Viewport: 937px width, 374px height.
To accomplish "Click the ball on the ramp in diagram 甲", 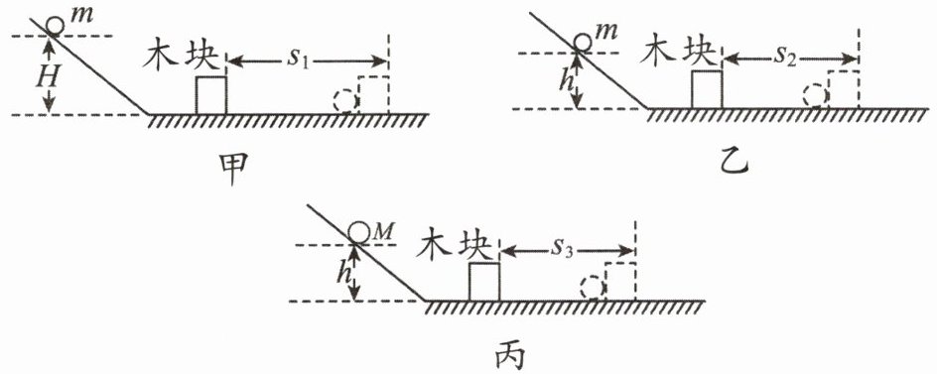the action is click(x=57, y=26).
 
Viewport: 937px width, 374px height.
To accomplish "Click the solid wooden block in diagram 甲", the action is click(x=211, y=95).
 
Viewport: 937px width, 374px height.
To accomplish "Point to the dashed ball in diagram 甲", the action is click(x=344, y=101).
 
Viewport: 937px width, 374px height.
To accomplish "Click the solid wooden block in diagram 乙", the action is click(x=707, y=89).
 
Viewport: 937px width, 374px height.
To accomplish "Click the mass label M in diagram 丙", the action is click(x=382, y=231).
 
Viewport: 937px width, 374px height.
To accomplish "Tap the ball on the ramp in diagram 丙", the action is click(x=358, y=232).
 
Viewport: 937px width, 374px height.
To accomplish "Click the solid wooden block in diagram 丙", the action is click(x=484, y=282).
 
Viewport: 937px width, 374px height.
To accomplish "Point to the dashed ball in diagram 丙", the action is click(x=591, y=288).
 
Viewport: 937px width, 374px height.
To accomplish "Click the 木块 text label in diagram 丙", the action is click(x=458, y=245).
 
